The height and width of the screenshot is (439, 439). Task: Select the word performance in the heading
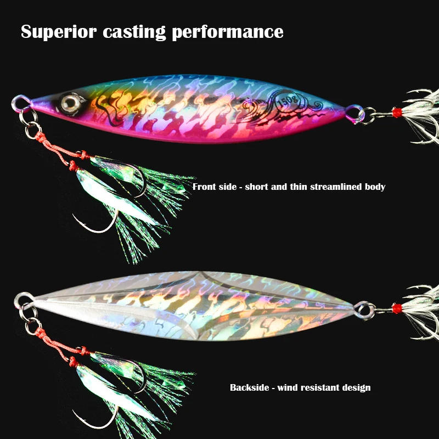pyautogui.click(x=228, y=32)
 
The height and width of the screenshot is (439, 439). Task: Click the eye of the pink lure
pyautogui.click(x=70, y=100)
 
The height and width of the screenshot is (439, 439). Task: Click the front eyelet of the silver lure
pyautogui.click(x=22, y=300)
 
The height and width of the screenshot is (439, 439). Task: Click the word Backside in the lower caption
pyautogui.click(x=249, y=387)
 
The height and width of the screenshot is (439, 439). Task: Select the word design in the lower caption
pyautogui.click(x=357, y=387)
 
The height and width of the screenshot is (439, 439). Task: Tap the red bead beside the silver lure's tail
pyautogui.click(x=397, y=309)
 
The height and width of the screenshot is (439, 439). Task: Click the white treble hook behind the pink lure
pyautogui.click(x=423, y=115)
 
